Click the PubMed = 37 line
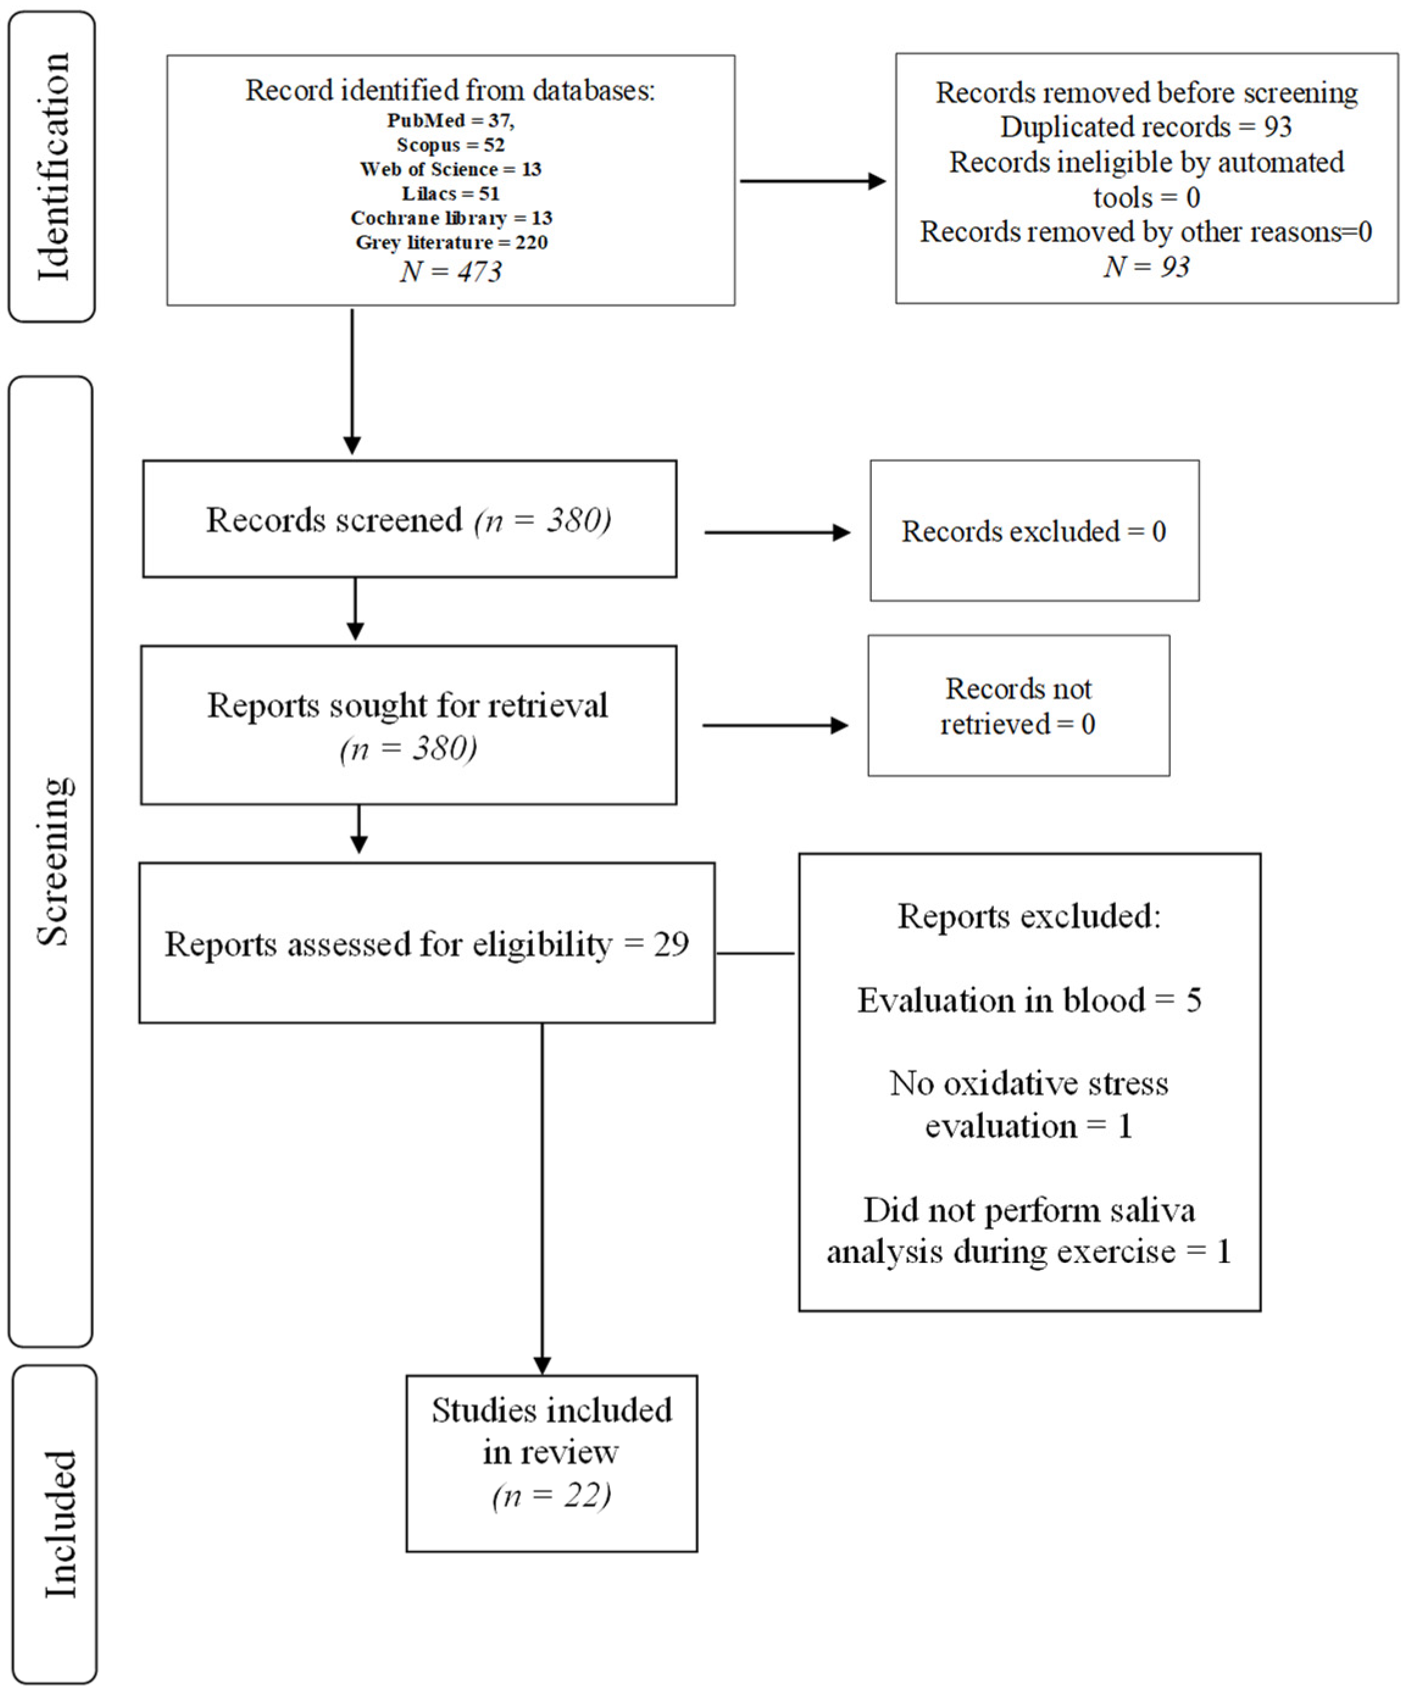click(451, 121)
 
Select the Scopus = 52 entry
click(451, 145)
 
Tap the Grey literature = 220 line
click(451, 242)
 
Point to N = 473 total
click(451, 271)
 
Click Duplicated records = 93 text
click(1145, 127)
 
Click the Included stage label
click(59, 1524)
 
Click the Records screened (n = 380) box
click(409, 519)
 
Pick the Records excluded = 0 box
click(1033, 531)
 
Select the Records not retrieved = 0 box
click(1018, 706)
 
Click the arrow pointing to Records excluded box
click(777, 532)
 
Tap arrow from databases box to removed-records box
click(812, 181)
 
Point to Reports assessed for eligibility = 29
click(426, 944)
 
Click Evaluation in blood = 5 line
click(1029, 1000)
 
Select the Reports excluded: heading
click(1029, 916)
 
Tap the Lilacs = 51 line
click(451, 193)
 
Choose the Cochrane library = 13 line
click(451, 218)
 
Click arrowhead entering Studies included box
click(542, 1365)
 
